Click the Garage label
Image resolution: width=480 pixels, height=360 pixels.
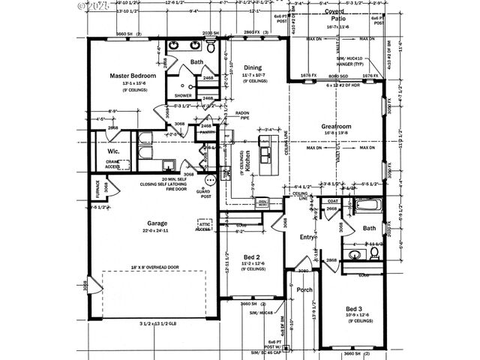(x=157, y=223)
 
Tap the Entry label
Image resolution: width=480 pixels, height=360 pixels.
(x=307, y=237)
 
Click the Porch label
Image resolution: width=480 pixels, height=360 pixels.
(x=304, y=289)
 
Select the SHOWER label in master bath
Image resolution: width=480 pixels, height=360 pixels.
(x=183, y=96)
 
